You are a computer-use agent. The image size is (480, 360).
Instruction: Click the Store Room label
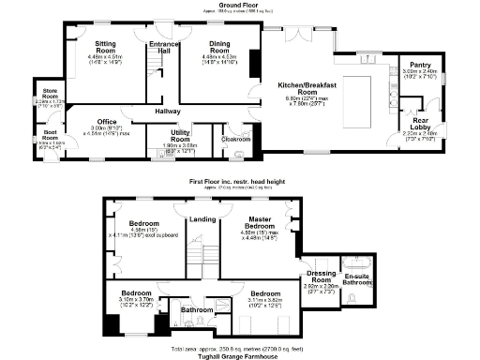(50, 92)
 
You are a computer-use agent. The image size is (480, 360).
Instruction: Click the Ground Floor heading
(239, 4)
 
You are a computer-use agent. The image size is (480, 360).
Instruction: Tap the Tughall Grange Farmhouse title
(240, 354)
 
